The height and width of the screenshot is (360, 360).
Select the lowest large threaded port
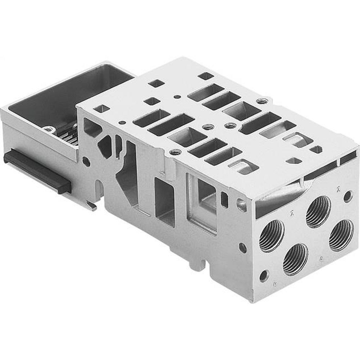pos(296,259)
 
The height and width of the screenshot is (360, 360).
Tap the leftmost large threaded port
pos(271,236)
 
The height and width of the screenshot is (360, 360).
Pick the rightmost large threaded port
pos(341,235)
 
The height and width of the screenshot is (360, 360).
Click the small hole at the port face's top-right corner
pos(347,196)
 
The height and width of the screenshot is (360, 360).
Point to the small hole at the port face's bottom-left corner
pos(264,276)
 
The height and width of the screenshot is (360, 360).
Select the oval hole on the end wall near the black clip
pos(86,161)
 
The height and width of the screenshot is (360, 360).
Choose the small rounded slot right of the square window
pos(225,200)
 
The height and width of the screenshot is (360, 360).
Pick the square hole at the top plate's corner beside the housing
pos(100,108)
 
